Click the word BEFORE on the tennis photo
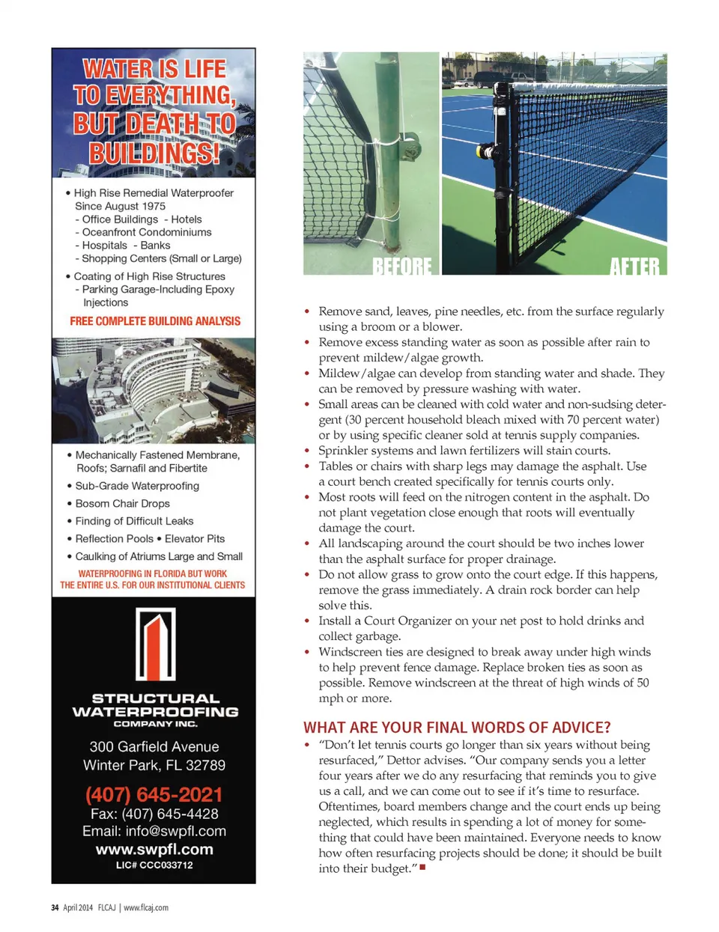point(402,266)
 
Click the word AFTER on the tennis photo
point(634,266)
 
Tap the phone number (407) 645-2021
point(154,794)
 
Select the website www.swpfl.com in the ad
point(154,850)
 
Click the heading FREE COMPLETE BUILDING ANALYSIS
point(155,321)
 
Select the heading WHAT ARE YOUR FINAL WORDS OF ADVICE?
point(457,728)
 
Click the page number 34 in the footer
point(55,907)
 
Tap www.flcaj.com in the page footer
point(146,907)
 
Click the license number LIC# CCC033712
point(154,865)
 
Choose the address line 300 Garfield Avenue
point(154,746)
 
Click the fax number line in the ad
point(154,814)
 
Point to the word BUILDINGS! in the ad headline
point(154,153)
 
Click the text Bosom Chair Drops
point(122,504)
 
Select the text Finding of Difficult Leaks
point(134,521)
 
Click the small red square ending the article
point(422,868)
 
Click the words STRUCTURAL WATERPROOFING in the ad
point(155,705)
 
